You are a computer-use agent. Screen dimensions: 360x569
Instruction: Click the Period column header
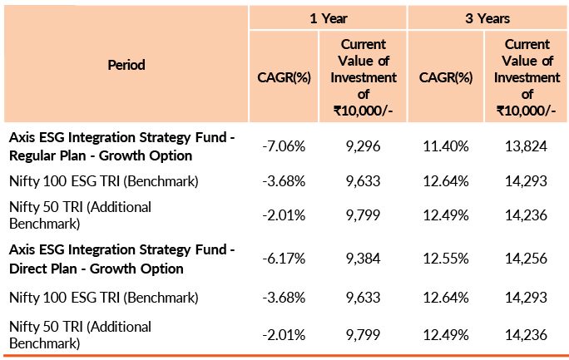[126, 64]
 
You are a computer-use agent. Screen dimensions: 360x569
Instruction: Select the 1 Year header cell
[328, 17]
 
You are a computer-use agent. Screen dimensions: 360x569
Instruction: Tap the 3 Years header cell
[487, 17]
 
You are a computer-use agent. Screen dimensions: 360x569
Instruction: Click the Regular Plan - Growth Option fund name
[121, 146]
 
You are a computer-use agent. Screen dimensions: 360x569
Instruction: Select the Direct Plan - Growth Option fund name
[121, 259]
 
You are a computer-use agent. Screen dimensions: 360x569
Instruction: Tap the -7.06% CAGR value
[284, 146]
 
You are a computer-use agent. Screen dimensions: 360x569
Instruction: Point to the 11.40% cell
[446, 146]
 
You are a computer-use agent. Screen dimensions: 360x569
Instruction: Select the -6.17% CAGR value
[284, 259]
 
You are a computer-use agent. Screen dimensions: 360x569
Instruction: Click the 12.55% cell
[446, 259]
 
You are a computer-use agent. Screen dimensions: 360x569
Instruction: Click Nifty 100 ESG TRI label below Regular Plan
[103, 180]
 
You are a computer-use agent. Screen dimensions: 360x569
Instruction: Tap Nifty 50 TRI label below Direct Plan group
[80, 334]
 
